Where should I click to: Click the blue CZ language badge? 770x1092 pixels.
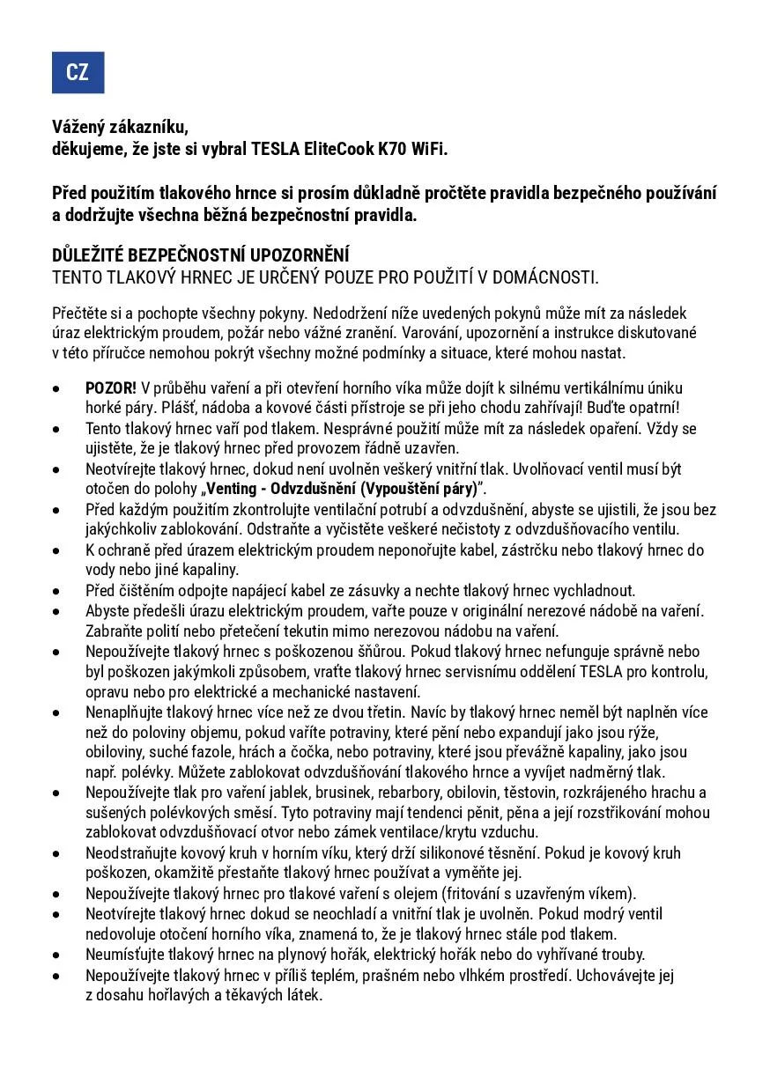78,72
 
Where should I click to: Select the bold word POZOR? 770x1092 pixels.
111,388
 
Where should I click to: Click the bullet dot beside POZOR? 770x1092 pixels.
57,388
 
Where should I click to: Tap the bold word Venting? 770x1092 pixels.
233,489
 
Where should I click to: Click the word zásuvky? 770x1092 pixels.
361,590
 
